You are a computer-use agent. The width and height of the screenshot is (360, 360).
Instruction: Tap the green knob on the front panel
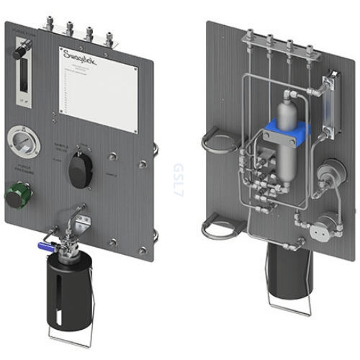click(x=16, y=194)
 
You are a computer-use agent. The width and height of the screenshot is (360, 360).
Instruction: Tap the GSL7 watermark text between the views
click(x=177, y=176)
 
